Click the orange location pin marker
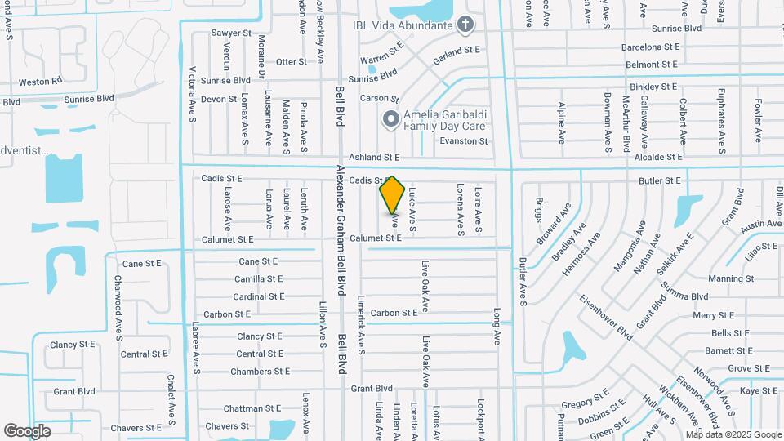393,196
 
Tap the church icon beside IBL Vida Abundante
465,24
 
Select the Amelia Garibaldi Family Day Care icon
390,120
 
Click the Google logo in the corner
28,430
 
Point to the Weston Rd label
40,82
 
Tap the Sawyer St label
231,33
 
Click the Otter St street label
291,61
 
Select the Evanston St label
463,141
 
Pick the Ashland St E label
374,157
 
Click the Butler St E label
660,180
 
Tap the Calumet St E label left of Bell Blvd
227,239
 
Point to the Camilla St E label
258,278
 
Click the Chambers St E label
260,372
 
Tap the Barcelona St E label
650,47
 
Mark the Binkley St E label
653,86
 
